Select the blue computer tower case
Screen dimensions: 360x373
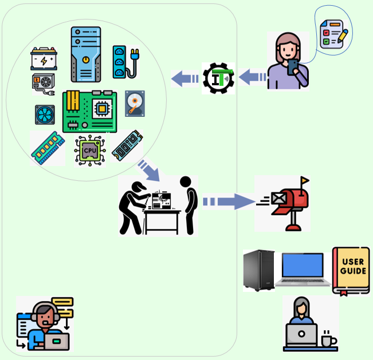click(85, 54)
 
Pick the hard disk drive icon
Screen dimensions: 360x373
click(135, 104)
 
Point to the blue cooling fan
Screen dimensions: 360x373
click(45, 114)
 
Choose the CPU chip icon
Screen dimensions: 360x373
click(89, 151)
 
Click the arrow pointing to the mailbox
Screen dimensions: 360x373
click(229, 201)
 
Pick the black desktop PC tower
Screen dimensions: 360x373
click(258, 270)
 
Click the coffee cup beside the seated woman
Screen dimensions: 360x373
click(328, 340)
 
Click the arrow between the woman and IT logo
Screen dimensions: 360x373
click(252, 77)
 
